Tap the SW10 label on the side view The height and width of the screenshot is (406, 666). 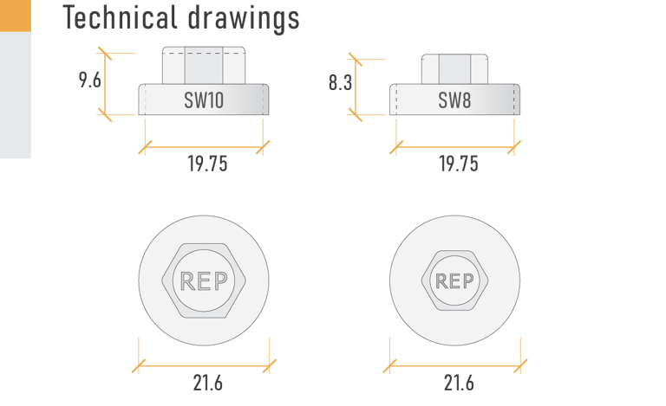coord(204,100)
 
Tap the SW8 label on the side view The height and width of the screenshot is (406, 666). coord(454,100)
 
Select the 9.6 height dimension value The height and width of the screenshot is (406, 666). coord(90,81)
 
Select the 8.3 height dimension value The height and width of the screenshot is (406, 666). coord(340,84)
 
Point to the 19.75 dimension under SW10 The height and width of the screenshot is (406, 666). coord(207,164)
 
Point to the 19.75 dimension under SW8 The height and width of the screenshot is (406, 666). coord(458,164)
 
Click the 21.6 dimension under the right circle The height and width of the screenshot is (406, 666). coord(458,383)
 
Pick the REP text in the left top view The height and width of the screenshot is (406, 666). coord(204,281)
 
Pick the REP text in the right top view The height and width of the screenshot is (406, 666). coord(454,281)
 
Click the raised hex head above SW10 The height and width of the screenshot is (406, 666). coord(204,65)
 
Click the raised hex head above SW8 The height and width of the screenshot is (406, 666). coord(454,68)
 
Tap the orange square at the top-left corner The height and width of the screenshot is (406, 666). coord(15,16)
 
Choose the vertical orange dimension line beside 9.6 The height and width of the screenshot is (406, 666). coord(108,83)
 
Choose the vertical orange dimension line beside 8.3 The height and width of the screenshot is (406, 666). coord(356,86)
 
